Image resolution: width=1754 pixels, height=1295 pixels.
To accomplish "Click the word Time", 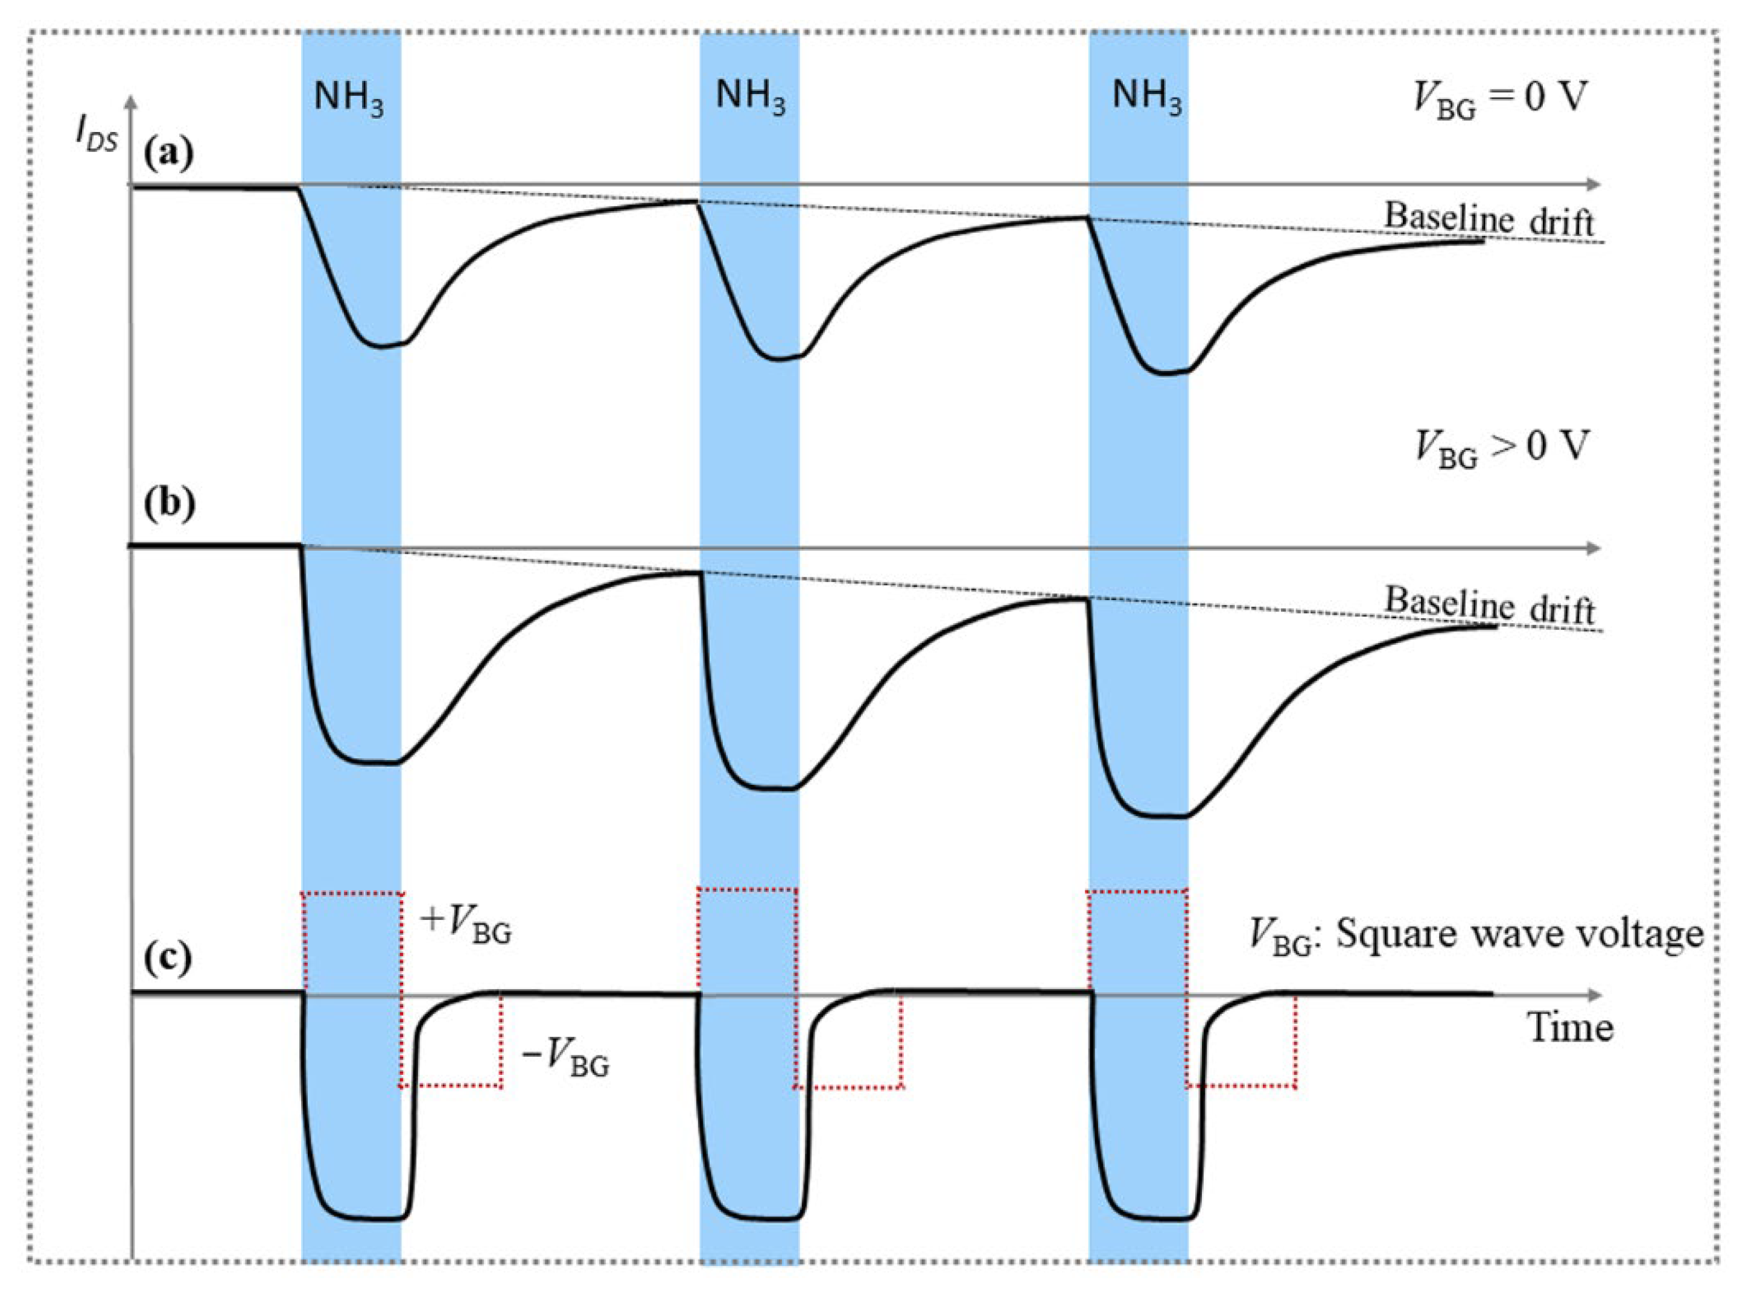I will click(1570, 1028).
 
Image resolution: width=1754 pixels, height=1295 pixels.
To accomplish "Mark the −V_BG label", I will click(565, 1059).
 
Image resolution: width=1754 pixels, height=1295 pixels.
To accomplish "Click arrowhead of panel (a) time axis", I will click(1592, 185).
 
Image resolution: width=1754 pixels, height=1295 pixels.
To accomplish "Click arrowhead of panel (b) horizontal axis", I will click(1592, 549).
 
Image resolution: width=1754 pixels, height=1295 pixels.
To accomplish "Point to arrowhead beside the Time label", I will click(1592, 996).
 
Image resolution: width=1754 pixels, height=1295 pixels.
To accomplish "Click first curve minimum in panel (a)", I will click(382, 346).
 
